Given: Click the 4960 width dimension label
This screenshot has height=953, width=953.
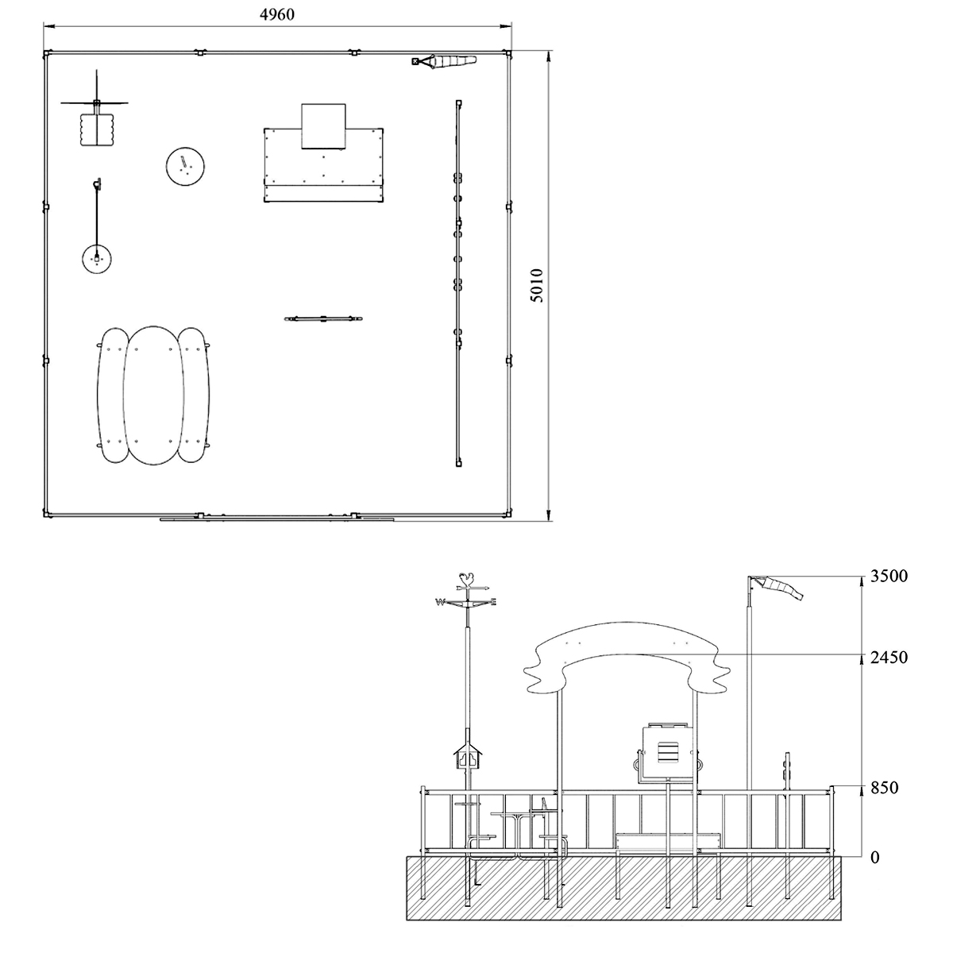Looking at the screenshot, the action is [277, 14].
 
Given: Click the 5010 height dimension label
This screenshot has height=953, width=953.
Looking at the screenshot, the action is [536, 285].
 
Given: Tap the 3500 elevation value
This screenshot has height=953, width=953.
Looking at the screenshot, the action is [889, 576].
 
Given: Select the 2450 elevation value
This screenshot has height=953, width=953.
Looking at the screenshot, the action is [889, 658].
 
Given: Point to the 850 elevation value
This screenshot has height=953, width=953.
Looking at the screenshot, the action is [884, 788].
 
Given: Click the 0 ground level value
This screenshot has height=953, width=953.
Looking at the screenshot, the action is [875, 858].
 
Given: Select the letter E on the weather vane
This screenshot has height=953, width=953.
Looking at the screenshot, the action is [493, 602].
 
